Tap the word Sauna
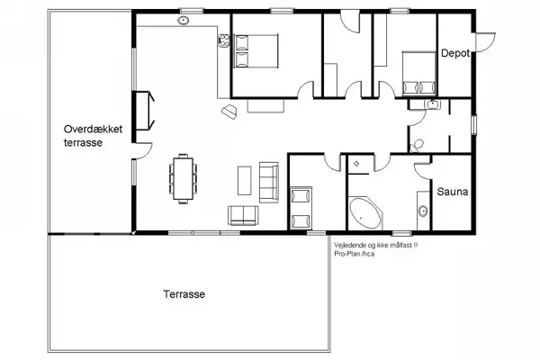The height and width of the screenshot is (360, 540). tap(450, 192)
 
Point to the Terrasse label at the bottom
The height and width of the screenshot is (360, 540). tap(184, 295)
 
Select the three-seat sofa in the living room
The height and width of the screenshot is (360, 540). tap(268, 180)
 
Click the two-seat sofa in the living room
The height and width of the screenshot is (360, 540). tap(243, 215)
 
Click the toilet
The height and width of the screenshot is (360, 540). tap(416, 144)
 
